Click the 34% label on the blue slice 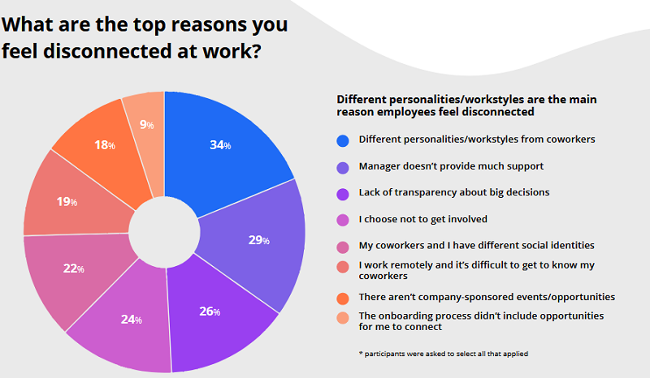(x=220, y=145)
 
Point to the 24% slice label (x=132, y=319)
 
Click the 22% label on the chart (x=76, y=268)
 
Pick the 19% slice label (x=67, y=201)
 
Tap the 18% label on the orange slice (x=106, y=145)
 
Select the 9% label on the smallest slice (x=147, y=125)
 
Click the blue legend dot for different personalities (x=343, y=140)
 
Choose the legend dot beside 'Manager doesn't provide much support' (x=343, y=166)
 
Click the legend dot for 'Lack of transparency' (x=343, y=193)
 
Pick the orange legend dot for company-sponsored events (x=343, y=298)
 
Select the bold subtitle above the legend (x=466, y=105)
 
